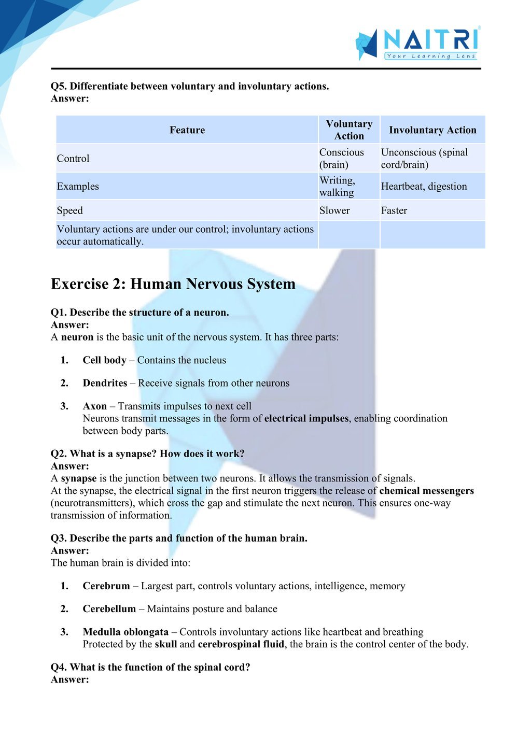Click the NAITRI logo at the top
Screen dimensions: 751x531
point(417,44)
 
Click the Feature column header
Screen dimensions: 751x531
point(187,130)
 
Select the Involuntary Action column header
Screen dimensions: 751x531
point(432,130)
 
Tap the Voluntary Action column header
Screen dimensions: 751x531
point(349,130)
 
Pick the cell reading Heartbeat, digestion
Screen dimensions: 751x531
point(424,187)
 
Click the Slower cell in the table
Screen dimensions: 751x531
point(334,210)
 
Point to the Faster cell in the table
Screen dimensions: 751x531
point(394,210)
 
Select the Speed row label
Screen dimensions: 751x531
point(70,210)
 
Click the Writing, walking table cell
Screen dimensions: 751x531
point(337,187)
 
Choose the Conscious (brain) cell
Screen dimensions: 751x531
point(341,159)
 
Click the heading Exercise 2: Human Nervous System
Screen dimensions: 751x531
point(173,284)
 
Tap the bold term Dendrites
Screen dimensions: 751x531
point(105,383)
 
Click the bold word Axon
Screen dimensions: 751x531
point(95,406)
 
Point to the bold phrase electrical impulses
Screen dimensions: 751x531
point(306,418)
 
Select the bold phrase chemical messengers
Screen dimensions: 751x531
point(426,491)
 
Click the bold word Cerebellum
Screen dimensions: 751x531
point(109,609)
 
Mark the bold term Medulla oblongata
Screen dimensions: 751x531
point(125,632)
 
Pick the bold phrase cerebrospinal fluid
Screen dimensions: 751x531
point(241,644)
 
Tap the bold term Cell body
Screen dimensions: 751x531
point(104,360)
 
